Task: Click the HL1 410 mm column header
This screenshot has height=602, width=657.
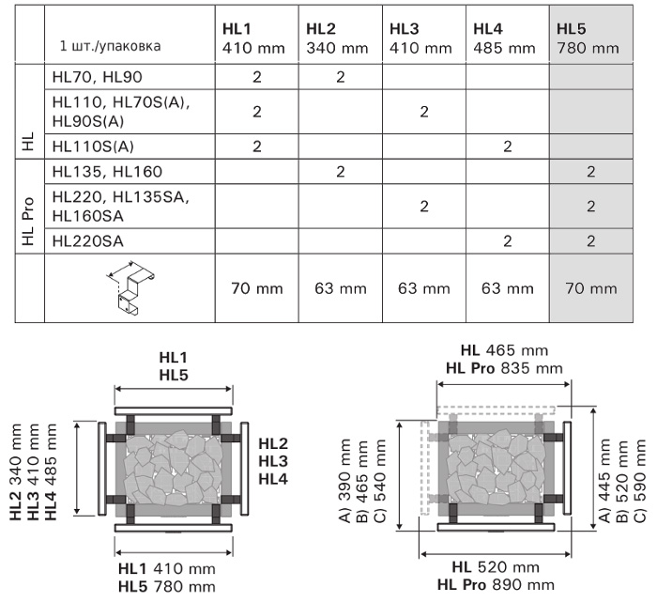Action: point(253,39)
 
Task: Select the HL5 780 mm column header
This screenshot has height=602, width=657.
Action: point(588,39)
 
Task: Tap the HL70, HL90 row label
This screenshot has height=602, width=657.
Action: point(98,77)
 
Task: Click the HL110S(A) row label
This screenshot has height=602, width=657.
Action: point(93,147)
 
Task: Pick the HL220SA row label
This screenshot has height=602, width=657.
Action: point(88,241)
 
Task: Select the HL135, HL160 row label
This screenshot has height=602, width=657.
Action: point(107,172)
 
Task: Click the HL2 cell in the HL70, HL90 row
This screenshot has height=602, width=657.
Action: point(340,77)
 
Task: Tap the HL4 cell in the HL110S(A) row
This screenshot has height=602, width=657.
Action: point(508,147)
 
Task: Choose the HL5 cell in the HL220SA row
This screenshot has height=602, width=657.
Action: point(590,241)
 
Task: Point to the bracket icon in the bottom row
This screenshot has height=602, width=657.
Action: point(130,288)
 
